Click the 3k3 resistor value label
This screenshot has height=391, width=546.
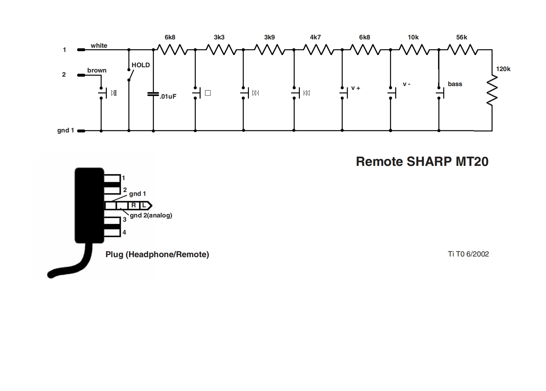219,37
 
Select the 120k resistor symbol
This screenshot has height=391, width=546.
492,91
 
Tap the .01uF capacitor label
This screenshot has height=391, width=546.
168,97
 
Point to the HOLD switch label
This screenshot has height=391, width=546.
141,65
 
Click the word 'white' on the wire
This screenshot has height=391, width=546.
99,46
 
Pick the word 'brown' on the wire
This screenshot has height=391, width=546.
97,70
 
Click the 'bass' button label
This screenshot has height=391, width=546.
455,84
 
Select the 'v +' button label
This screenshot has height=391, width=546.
356,88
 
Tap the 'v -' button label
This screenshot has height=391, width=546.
406,84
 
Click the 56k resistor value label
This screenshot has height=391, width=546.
462,37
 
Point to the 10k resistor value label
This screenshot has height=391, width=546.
413,37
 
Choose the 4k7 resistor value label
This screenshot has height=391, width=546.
315,37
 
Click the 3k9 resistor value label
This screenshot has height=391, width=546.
269,37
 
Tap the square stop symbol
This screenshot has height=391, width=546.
208,93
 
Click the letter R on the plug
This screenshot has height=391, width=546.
133,206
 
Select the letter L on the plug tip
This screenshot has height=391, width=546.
144,206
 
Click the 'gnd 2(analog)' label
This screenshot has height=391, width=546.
151,215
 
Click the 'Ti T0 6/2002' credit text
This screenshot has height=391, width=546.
468,254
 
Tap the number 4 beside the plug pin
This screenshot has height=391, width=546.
124,232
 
